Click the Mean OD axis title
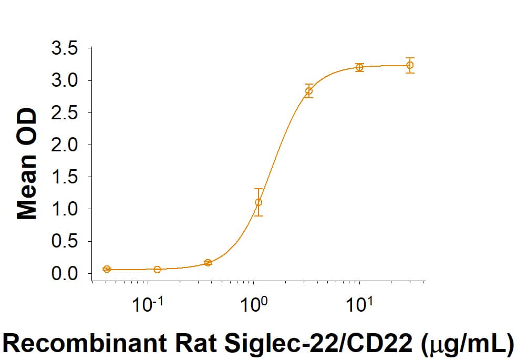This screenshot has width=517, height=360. [x=27, y=163]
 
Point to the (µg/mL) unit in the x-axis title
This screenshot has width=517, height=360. [x=468, y=344]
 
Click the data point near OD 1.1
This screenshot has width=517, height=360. [x=258, y=202]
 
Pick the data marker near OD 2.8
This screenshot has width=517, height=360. [x=309, y=91]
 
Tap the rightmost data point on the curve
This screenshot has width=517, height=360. [x=410, y=65]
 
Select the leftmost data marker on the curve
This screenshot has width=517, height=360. [x=107, y=269]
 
